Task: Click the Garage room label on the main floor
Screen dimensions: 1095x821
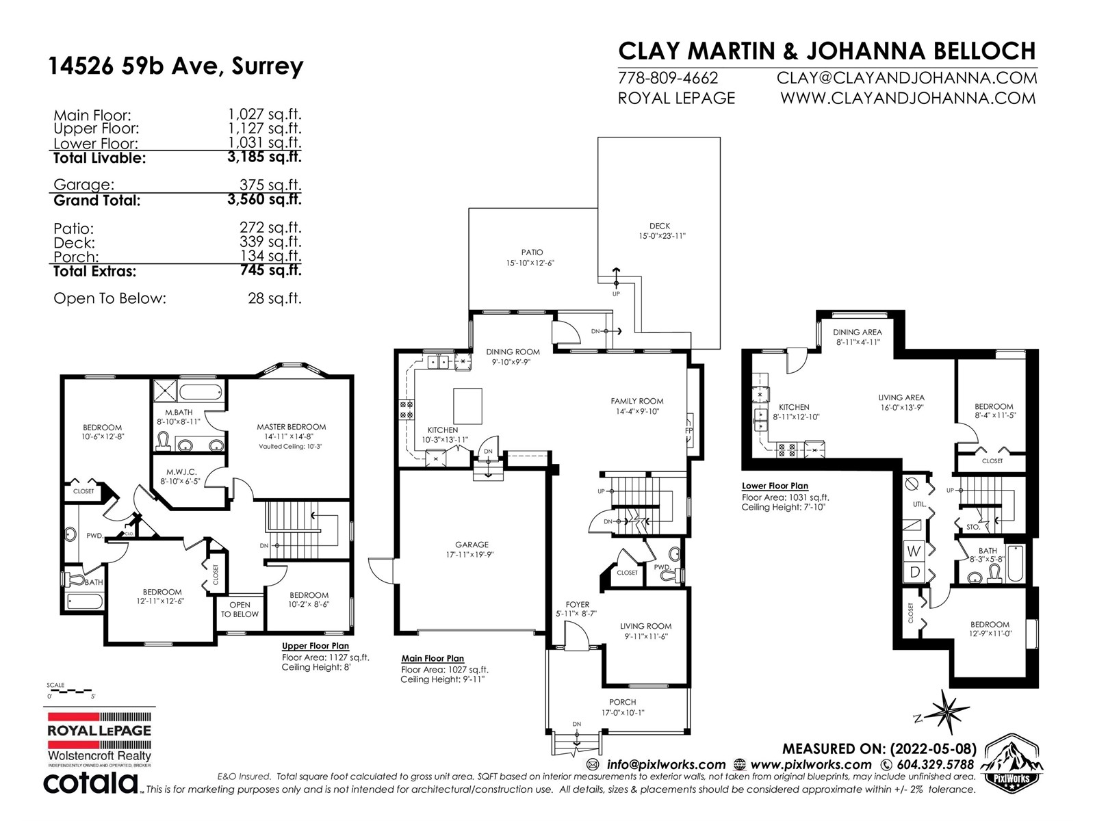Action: pyautogui.click(x=472, y=545)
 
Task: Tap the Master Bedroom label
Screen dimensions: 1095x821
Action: pyautogui.click(x=292, y=427)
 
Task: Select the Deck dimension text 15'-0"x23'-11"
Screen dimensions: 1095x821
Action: pyautogui.click(x=662, y=236)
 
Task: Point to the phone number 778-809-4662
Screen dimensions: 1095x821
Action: pyautogui.click(x=668, y=78)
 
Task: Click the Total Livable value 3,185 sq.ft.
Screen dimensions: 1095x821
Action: pyautogui.click(x=264, y=157)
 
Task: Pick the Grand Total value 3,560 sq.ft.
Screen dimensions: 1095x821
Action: pyautogui.click(x=264, y=199)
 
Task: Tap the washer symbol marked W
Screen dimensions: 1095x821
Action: pyautogui.click(x=914, y=551)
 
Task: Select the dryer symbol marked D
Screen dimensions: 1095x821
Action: pyautogui.click(x=914, y=572)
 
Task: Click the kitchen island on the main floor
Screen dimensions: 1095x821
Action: pyautogui.click(x=467, y=406)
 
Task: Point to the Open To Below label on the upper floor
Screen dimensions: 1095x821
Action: pyautogui.click(x=240, y=609)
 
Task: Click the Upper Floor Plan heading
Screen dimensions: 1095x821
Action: pyautogui.click(x=315, y=646)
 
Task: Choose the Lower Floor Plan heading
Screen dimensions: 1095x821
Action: pyautogui.click(x=775, y=486)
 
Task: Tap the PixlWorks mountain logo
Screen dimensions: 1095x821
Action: pyautogui.click(x=1012, y=761)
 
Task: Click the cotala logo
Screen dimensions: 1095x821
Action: pyautogui.click(x=90, y=784)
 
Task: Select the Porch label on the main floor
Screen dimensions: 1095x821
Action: pyautogui.click(x=623, y=702)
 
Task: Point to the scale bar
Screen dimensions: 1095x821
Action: pyautogui.click(x=70, y=691)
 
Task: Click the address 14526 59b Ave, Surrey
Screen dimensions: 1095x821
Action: pyautogui.click(x=176, y=66)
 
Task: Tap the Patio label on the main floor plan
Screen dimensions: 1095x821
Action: pyautogui.click(x=532, y=252)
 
